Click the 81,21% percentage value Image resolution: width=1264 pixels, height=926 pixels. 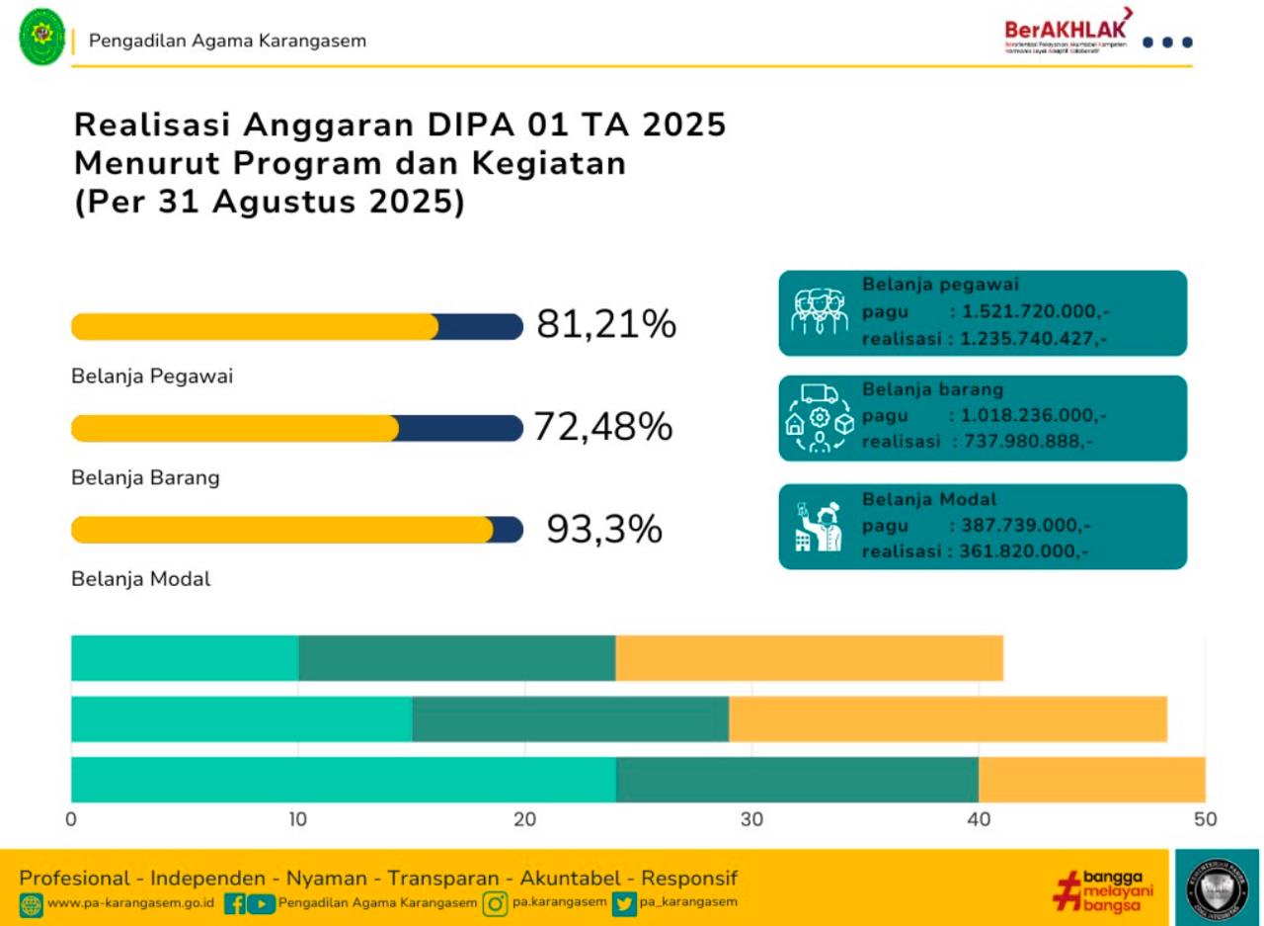(606, 325)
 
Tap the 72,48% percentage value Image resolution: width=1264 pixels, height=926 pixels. (603, 427)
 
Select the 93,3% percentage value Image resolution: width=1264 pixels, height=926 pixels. (604, 530)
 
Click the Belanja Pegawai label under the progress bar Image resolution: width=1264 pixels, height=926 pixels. (152, 377)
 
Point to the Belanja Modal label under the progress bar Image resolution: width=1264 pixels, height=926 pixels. (141, 579)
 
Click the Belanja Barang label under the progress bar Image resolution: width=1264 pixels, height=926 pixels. (145, 478)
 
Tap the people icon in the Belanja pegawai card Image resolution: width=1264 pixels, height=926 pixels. (820, 312)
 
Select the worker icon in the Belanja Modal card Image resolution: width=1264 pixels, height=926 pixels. (820, 527)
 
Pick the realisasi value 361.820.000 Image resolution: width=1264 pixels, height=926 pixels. (1023, 551)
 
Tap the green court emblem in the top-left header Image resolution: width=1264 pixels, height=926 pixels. (42, 37)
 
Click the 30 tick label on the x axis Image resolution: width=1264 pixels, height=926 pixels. (751, 819)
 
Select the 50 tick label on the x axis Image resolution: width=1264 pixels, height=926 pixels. (1205, 819)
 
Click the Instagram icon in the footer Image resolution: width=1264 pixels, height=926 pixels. (495, 903)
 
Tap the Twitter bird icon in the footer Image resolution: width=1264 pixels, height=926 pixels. (623, 903)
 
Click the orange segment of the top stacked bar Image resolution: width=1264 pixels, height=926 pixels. (809, 658)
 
